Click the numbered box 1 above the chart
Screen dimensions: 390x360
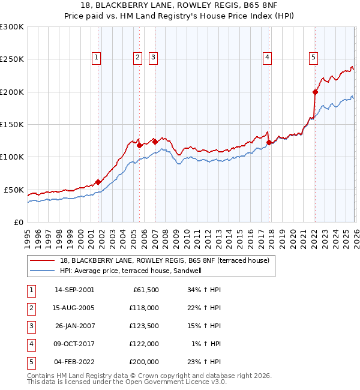[x=97, y=58]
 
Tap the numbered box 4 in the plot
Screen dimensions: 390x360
[x=266, y=58]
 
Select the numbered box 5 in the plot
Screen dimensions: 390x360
[x=313, y=58]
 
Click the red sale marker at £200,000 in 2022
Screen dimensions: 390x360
[x=315, y=92]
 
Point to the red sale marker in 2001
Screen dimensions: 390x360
[x=98, y=182]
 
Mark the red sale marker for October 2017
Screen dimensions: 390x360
[x=269, y=142]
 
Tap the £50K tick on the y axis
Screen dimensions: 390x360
[x=14, y=190]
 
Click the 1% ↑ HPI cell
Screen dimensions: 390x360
[x=205, y=344]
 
